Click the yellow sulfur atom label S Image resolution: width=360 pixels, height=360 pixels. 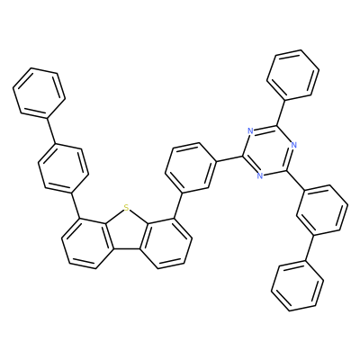tap(126, 207)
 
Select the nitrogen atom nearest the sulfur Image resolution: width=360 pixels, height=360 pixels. tap(260, 175)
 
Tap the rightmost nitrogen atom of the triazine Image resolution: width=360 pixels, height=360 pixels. tap(293, 146)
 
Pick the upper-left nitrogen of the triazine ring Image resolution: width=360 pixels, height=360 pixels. tap(250, 131)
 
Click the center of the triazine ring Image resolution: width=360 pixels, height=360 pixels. tap(268, 151)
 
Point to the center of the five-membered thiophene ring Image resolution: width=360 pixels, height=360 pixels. tap(126, 232)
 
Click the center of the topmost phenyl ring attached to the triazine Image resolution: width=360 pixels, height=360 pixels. tap(293, 75)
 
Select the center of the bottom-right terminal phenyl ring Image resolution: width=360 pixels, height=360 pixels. tap(297, 285)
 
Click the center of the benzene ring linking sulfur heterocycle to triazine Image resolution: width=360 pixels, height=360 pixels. tap(191, 168)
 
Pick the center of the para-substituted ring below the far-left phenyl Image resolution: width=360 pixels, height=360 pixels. tap(63, 168)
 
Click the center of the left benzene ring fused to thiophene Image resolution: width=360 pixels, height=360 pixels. tap(87, 244)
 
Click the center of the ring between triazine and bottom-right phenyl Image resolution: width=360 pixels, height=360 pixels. tap(322, 210)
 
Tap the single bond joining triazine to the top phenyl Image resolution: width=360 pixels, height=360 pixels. tap(281, 112)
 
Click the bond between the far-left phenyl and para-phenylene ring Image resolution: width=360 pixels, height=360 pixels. tap(50, 131)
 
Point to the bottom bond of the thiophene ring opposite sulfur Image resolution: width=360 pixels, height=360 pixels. tap(126, 248)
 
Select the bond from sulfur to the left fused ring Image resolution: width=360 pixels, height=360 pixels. tap(114, 216)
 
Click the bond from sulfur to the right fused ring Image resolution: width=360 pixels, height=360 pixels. tap(139, 216)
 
